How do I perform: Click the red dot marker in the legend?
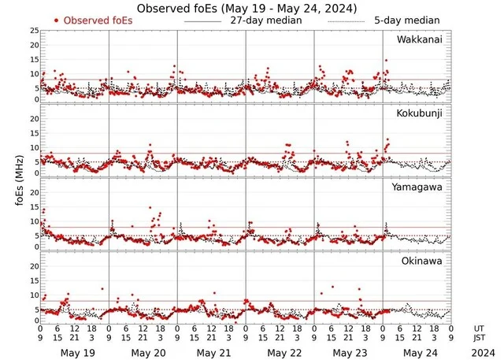(x=57, y=20)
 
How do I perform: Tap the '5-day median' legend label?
(x=406, y=20)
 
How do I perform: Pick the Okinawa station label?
(x=424, y=262)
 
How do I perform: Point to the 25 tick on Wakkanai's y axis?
(x=33, y=30)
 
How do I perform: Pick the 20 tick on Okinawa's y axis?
(x=33, y=266)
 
